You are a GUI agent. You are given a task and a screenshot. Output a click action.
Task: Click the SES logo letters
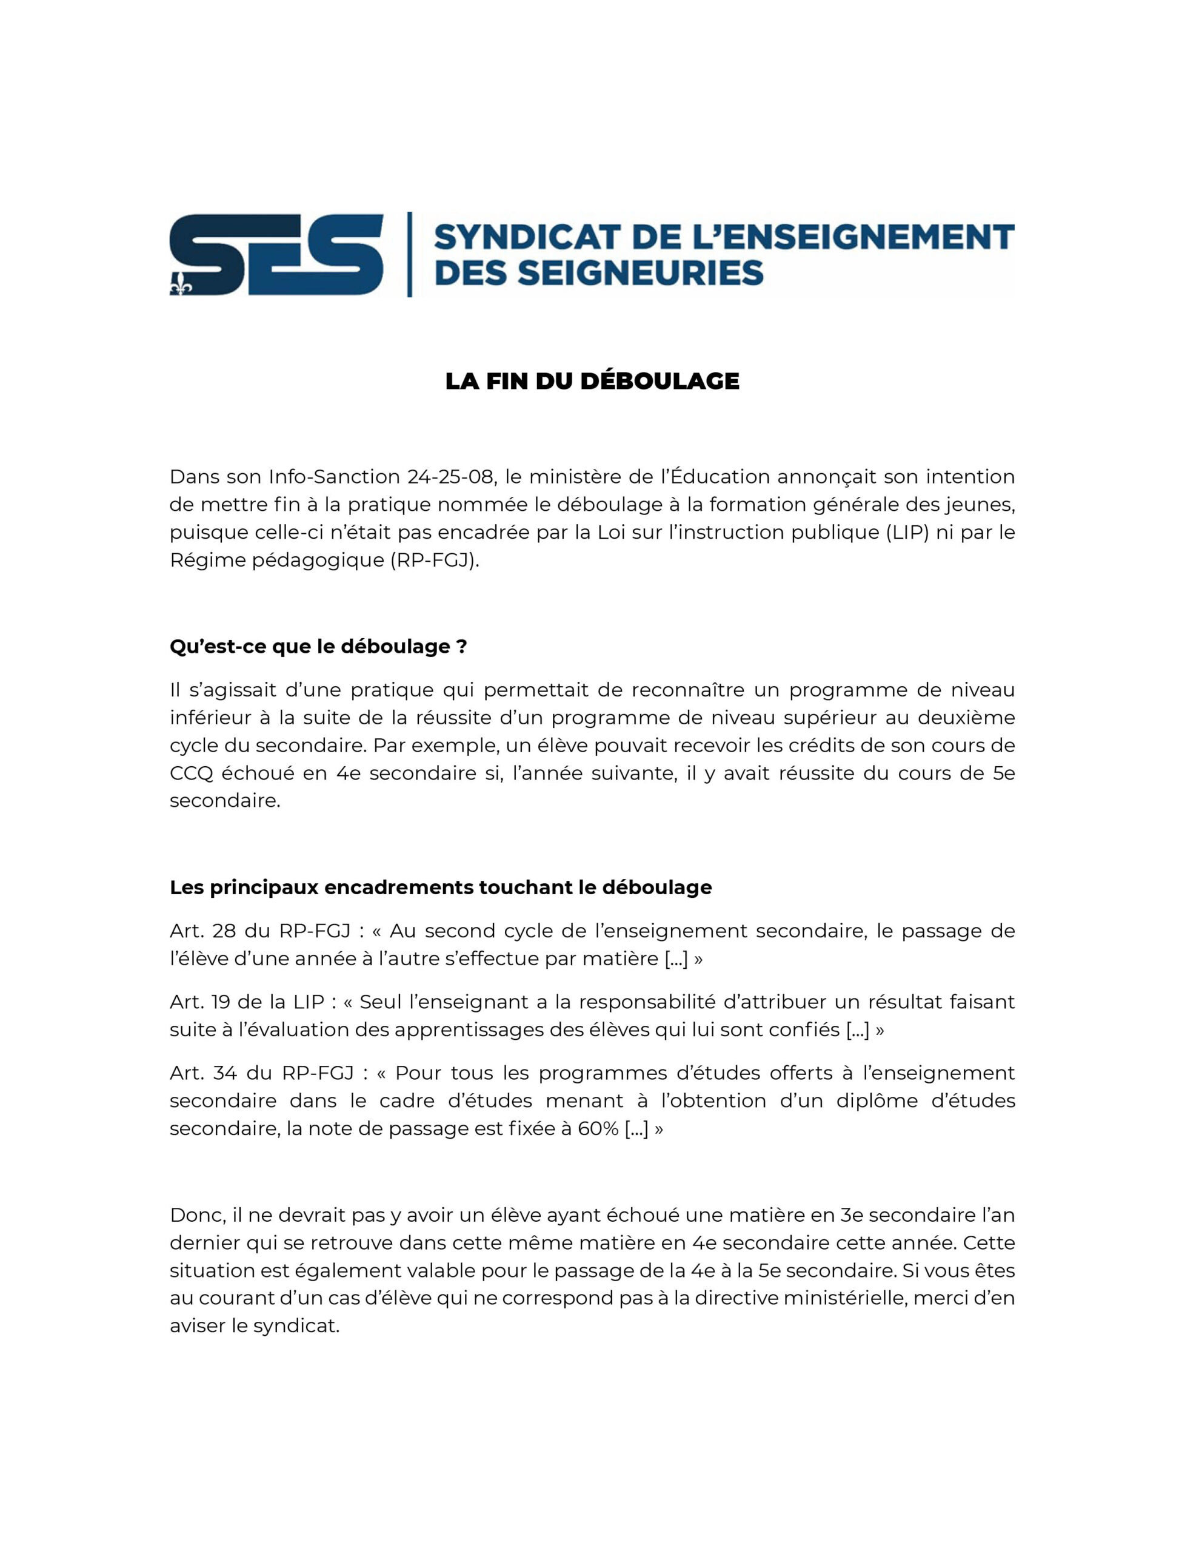tap(277, 255)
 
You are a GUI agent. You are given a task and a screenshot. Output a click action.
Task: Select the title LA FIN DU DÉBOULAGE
tap(592, 381)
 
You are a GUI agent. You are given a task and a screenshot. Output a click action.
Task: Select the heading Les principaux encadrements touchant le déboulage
tap(441, 888)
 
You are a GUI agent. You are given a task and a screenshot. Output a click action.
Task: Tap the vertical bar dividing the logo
tap(409, 255)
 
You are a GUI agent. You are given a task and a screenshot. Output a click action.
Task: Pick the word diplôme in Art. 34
tap(878, 1101)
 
